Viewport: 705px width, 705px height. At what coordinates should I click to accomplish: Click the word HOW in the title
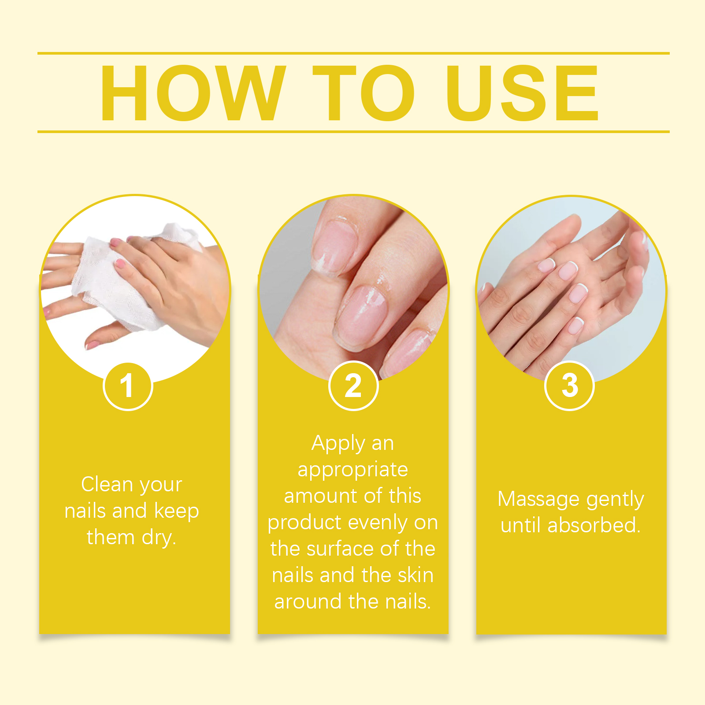coord(193,93)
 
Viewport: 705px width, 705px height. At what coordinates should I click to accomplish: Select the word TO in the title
coord(364,93)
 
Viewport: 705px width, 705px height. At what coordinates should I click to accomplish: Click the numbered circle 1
coord(128,386)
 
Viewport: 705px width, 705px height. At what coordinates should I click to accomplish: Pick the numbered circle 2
coord(353,386)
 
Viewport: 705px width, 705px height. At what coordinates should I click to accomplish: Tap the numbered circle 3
coord(569,386)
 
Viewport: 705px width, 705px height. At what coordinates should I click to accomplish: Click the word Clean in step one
coord(107,484)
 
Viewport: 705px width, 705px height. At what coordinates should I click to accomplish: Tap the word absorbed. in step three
coord(594,525)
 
